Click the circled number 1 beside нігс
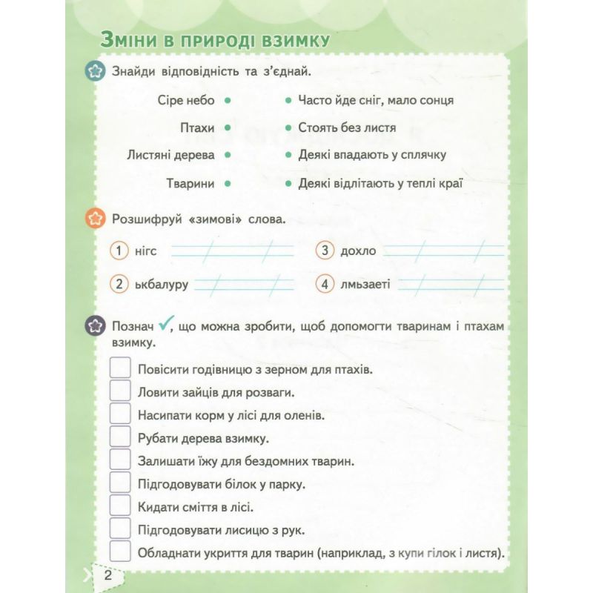[x=119, y=251]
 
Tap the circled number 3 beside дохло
[x=325, y=251]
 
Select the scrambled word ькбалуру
[x=162, y=284]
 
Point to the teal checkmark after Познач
[x=166, y=322]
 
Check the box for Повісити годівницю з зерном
[x=120, y=368]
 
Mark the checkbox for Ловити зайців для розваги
[x=120, y=391]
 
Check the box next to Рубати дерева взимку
[x=120, y=437]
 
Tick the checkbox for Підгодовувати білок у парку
[x=120, y=483]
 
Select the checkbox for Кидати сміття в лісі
[x=120, y=506]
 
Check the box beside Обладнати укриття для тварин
[x=120, y=552]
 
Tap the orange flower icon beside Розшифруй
[x=94, y=219]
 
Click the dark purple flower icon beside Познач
[x=94, y=325]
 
